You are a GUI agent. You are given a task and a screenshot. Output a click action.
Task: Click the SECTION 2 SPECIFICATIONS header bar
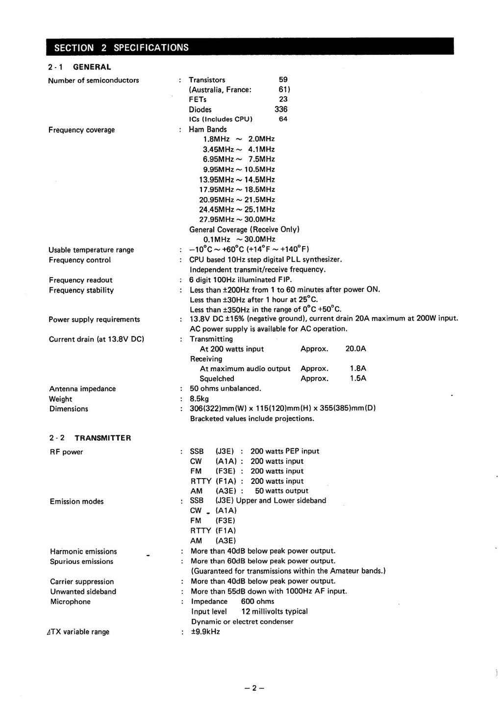point(250,47)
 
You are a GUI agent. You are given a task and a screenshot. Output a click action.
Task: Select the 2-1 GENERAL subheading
point(80,67)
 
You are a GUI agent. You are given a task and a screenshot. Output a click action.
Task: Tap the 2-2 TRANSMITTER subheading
point(90,438)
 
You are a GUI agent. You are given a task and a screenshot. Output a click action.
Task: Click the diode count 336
point(281,109)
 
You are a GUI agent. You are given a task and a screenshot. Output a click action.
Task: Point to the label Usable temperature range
point(91,250)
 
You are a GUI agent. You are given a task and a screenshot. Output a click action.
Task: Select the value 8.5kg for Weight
point(200,399)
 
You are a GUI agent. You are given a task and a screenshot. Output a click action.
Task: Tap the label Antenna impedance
point(82,389)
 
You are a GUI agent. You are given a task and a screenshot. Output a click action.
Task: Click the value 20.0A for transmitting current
point(355,349)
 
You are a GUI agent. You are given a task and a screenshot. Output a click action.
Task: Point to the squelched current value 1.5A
point(358,379)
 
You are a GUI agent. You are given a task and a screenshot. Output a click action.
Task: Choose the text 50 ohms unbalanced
point(226,388)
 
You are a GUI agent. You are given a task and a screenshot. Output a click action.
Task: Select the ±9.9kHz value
point(205,631)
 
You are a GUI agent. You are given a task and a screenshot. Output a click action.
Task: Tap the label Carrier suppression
point(82,581)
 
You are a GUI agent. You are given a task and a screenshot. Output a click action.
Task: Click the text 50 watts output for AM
point(282,491)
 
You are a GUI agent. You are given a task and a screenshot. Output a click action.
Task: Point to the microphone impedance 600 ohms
point(257,602)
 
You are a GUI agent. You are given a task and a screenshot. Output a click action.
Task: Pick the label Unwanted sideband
point(83,591)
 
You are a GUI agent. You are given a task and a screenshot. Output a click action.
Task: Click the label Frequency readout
point(80,280)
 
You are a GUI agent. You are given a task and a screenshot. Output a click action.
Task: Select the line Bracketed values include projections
point(252,419)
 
